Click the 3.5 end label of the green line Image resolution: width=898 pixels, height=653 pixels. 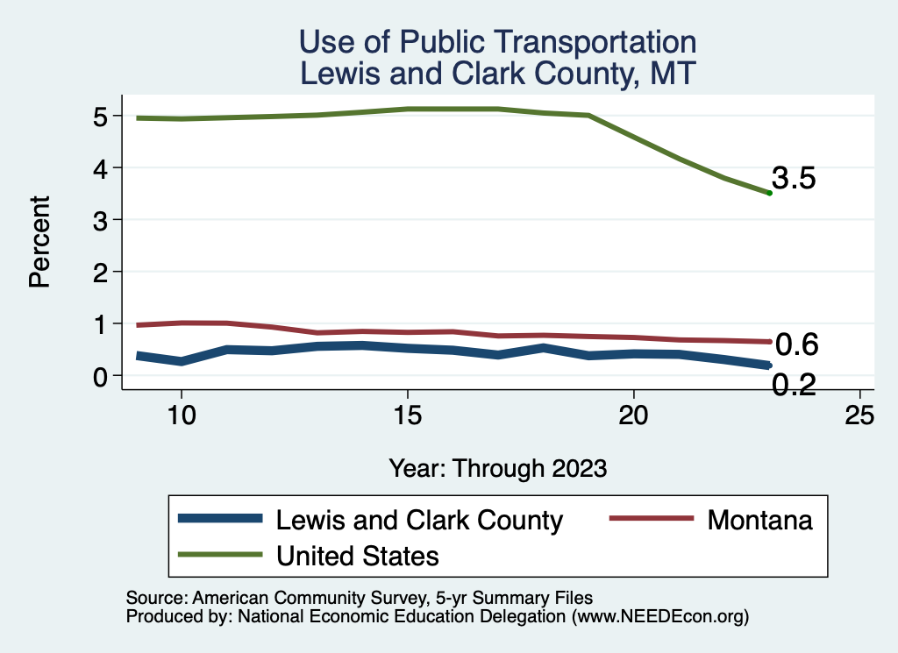[795, 179]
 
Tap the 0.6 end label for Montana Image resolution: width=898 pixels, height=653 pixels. [797, 345]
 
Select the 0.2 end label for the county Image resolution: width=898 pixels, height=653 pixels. [795, 384]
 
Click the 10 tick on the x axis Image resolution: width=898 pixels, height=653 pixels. [181, 416]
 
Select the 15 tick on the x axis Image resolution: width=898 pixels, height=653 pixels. [407, 416]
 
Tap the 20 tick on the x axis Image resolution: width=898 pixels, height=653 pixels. [633, 416]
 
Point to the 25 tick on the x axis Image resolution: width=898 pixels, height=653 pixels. [859, 416]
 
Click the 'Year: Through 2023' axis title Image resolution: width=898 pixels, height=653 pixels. [498, 468]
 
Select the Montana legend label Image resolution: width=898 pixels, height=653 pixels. [760, 520]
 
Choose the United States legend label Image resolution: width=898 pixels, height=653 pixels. [358, 555]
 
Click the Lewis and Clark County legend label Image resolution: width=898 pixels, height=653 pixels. [419, 520]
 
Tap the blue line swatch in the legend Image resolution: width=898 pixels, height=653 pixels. [220, 519]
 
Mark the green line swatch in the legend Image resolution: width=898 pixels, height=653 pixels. [220, 554]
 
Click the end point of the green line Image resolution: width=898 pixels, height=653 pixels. [769, 193]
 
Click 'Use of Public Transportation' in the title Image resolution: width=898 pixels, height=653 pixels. [498, 42]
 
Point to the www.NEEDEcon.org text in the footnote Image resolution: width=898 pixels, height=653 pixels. [660, 616]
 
